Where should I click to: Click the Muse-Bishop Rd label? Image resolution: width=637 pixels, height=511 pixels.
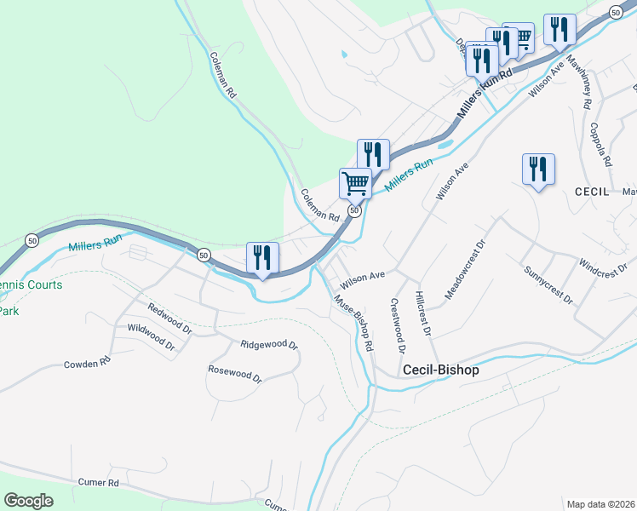click(x=353, y=324)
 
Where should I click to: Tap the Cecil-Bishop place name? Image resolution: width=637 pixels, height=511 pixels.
click(x=440, y=370)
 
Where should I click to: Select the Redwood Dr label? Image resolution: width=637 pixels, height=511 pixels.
click(x=169, y=318)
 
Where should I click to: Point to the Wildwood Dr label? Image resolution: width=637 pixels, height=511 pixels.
click(x=151, y=338)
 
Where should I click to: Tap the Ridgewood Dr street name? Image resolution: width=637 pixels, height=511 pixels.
click(x=268, y=345)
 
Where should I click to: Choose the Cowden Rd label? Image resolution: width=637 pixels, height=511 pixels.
click(x=88, y=363)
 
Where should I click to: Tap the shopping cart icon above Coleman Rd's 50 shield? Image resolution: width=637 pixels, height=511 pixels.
click(x=355, y=181)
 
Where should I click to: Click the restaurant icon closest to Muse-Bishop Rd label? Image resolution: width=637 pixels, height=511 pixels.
click(x=263, y=256)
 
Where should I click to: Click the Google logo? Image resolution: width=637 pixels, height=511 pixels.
click(x=29, y=501)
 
